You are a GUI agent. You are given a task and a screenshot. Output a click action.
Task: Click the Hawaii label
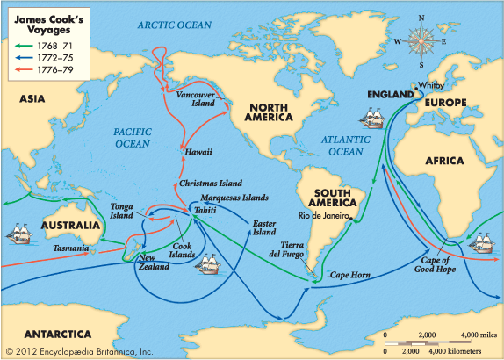coord(198,152)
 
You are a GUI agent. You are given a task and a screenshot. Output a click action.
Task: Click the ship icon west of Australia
coord(21,234)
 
